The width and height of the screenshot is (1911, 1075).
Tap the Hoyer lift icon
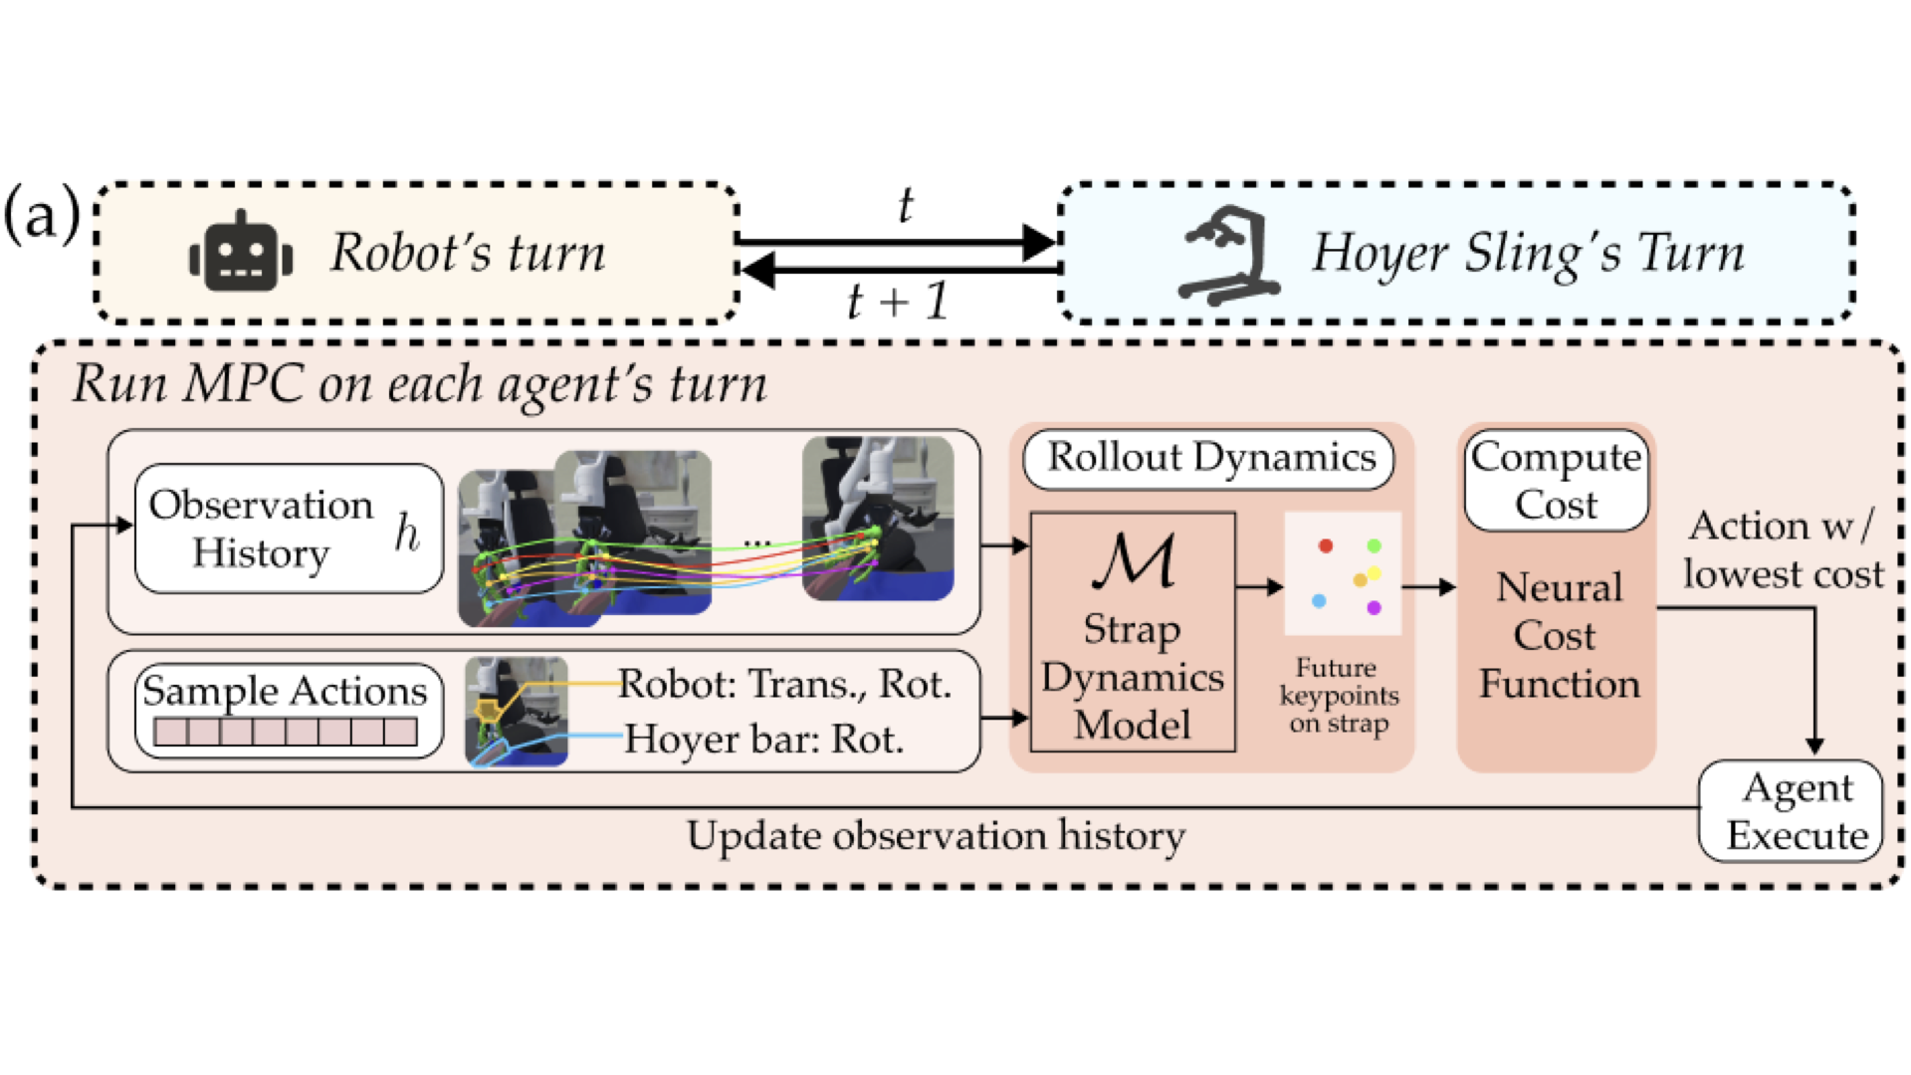tap(1227, 255)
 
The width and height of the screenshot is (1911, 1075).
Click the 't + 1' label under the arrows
tap(898, 301)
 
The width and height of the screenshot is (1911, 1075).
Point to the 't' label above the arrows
tap(905, 206)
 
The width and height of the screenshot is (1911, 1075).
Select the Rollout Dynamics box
tap(1209, 459)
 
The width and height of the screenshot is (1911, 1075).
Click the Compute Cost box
tap(1556, 481)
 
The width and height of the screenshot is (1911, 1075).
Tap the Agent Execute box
tap(1791, 811)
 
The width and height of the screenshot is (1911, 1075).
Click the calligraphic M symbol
tap(1134, 561)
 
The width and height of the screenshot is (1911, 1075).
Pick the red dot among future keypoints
tap(1325, 545)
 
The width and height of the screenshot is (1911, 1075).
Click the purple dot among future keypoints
tap(1374, 607)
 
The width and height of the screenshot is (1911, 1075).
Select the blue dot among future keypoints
tap(1319, 601)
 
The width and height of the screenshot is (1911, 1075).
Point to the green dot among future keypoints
tap(1374, 545)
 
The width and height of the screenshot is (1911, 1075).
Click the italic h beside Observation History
tap(407, 533)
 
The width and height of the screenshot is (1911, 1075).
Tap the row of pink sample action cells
tap(286, 733)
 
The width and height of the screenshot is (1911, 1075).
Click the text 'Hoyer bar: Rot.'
tap(763, 740)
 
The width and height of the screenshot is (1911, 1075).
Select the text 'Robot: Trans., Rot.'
tap(784, 685)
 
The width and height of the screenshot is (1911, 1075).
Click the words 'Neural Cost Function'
tap(1558, 635)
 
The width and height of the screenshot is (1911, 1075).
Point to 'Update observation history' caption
tap(936, 836)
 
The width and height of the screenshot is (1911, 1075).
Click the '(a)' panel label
tap(42, 214)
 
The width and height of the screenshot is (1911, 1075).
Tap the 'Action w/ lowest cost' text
tap(1783, 550)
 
